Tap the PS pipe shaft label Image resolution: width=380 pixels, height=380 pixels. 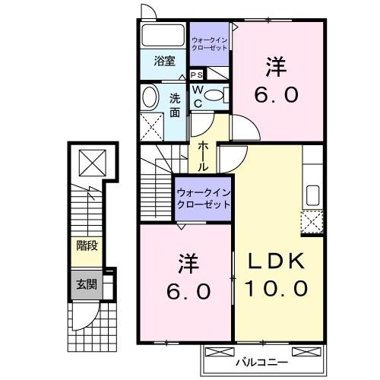pos(196,74)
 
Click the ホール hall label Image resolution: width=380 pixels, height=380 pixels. pos(204,156)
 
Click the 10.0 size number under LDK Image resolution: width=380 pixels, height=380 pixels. pos(276,289)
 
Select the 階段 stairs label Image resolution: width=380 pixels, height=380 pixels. pos(86,245)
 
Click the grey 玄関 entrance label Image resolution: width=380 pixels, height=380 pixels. pos(86,285)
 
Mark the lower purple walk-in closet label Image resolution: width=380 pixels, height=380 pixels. pos(204,198)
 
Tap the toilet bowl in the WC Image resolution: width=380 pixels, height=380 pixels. pos(215,96)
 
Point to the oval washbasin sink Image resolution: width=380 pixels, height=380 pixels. pos(150,97)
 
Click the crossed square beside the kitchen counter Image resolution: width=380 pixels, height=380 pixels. pos(311,223)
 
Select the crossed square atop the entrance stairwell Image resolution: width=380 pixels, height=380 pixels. pos(91,163)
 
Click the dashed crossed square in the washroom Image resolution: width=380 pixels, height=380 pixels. pos(153,125)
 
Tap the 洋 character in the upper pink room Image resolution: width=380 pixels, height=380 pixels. pos(276,68)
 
